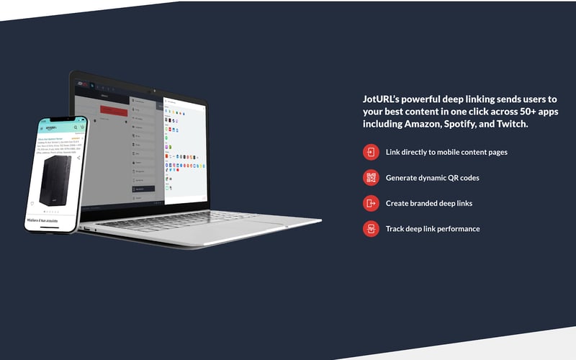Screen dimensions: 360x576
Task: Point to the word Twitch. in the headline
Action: coord(510,124)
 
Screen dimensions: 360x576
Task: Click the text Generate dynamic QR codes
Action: coord(432,177)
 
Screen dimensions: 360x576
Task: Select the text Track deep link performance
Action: coord(433,229)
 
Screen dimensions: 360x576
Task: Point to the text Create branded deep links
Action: coord(429,203)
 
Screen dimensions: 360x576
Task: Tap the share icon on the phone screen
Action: coord(78,158)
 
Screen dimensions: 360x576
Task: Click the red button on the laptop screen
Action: coord(114,111)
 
